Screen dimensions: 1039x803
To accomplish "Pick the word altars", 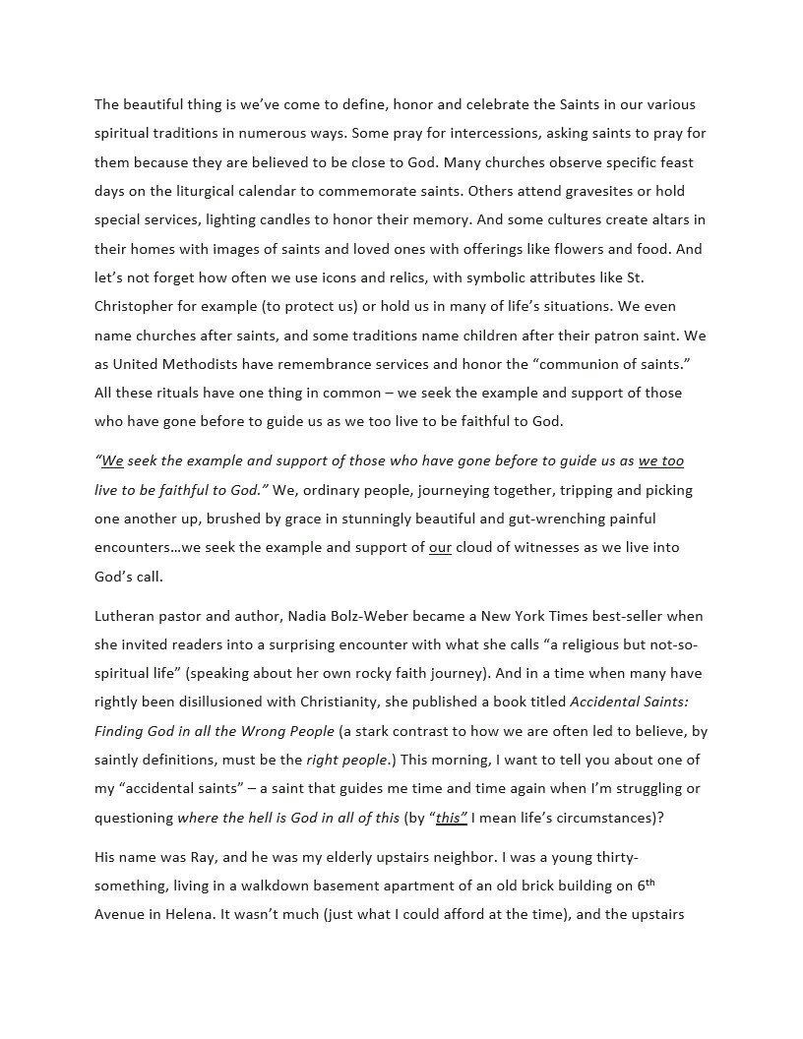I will pos(672,219).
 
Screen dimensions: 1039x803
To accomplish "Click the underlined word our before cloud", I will pos(440,547).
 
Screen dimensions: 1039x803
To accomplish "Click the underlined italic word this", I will pos(450,818).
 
